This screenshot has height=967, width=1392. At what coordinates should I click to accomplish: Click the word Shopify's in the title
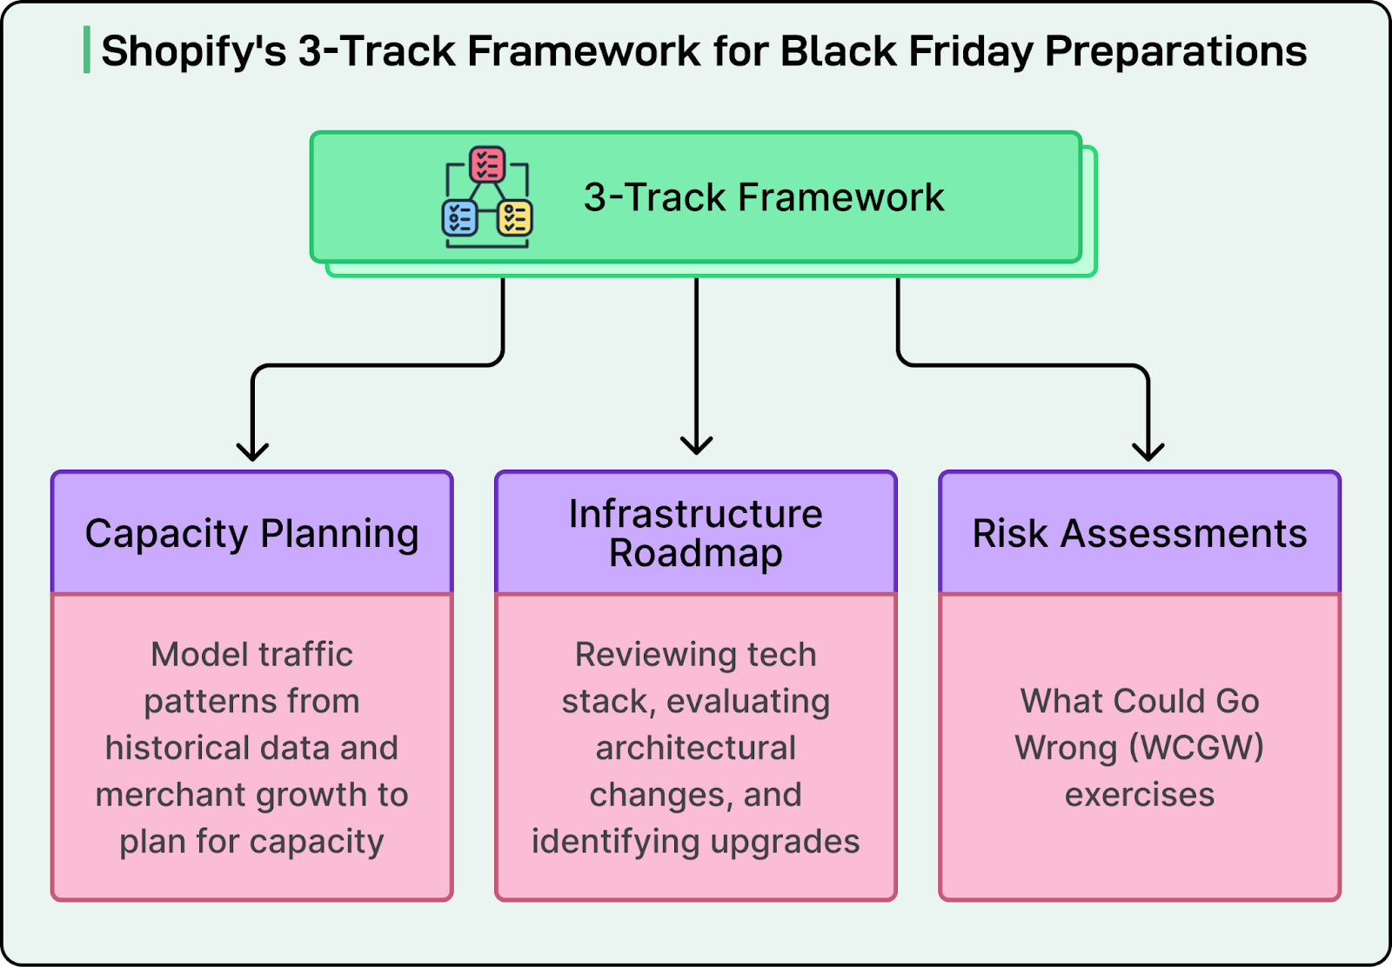coord(193,51)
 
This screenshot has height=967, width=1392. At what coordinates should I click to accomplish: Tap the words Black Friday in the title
coord(906,51)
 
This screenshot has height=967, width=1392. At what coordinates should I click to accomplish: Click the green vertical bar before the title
coord(87,50)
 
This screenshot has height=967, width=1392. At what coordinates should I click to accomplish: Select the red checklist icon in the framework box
coord(487,164)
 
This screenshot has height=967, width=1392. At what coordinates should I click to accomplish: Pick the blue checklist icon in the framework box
coord(459,218)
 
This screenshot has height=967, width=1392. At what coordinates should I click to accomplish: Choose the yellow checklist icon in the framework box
coord(515,218)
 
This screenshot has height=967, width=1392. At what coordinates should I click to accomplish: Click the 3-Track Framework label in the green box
coord(763,197)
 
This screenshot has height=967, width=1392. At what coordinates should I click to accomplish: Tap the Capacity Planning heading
coord(252,533)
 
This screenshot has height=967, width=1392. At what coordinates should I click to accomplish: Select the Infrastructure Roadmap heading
coord(696,533)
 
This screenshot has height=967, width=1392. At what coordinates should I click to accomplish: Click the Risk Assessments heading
coord(1140,533)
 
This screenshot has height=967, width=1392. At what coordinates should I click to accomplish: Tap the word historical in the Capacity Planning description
coord(164,748)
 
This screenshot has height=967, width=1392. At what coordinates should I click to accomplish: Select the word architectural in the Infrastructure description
coord(696,748)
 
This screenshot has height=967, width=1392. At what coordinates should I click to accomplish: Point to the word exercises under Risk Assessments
coord(1140,795)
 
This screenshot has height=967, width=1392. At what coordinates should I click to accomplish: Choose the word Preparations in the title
coord(1175,51)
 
